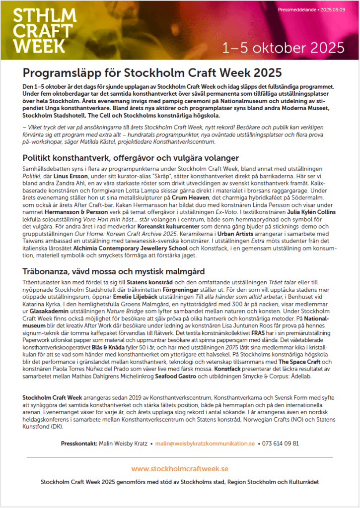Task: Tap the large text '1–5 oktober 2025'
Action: (284, 48)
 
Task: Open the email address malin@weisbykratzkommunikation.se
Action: (205, 443)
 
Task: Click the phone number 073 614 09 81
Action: (281, 443)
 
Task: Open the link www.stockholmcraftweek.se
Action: (180, 468)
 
